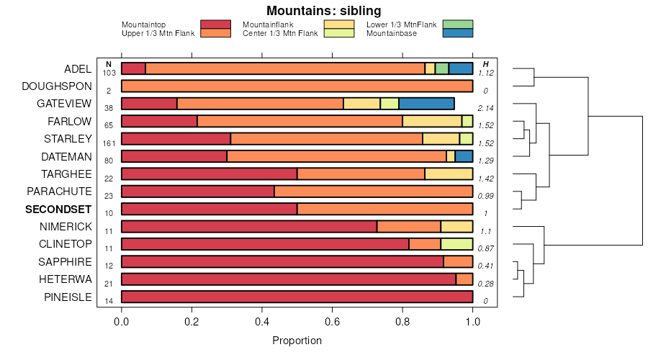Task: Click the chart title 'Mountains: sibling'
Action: pos(323,11)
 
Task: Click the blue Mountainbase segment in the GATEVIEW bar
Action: pos(426,104)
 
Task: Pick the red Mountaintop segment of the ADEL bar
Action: pos(133,68)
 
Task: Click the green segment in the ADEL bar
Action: pos(441,68)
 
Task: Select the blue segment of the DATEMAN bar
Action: pos(464,156)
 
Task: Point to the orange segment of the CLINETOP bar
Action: pos(425,244)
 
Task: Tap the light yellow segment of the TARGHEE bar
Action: pos(449,174)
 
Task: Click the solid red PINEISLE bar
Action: pos(297,297)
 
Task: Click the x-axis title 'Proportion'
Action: pos(297,341)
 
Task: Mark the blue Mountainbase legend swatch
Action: pos(458,33)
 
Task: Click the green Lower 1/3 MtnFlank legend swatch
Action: pos(458,24)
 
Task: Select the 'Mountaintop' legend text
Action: pos(144,25)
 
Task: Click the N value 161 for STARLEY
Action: pos(109,143)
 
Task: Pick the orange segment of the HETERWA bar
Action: pos(464,279)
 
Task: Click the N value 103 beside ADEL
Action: pos(109,73)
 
